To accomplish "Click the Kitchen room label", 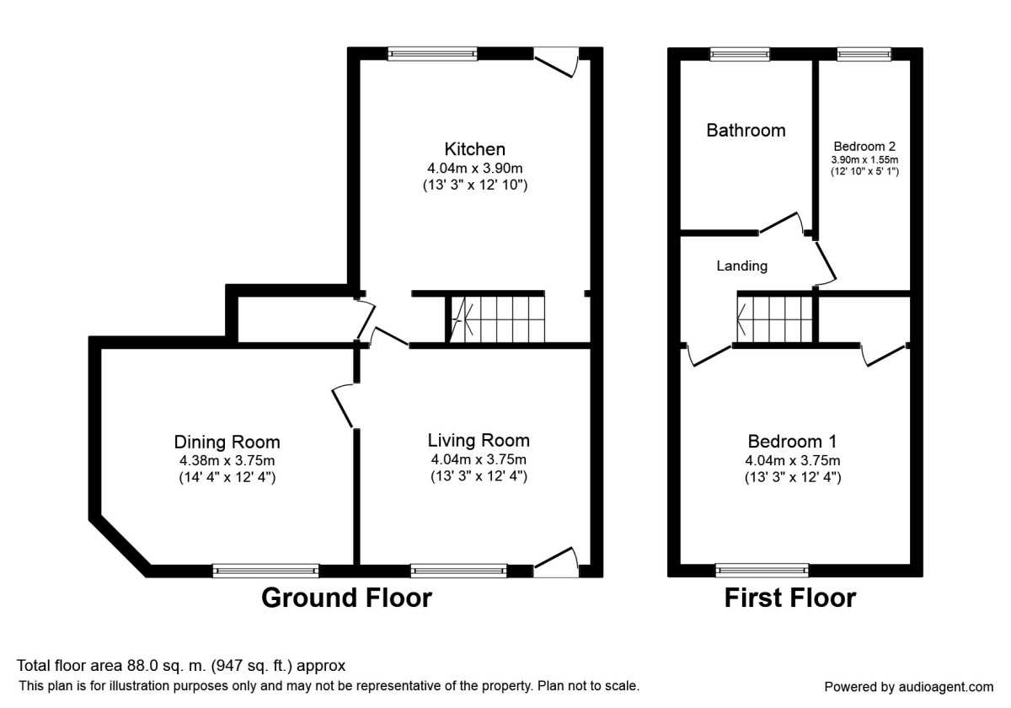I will click(476, 149).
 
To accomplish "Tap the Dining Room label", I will click(227, 442).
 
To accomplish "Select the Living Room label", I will click(479, 440).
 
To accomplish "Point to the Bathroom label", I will click(746, 131).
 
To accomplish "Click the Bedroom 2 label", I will click(864, 145).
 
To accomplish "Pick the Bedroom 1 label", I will click(792, 442).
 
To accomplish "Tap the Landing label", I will click(741, 266).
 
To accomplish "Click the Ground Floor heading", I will click(346, 598).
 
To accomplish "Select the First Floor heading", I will click(790, 598).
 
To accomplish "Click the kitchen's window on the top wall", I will click(432, 54).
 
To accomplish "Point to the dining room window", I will click(265, 571).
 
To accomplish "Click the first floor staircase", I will click(775, 319).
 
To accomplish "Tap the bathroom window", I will click(739, 54).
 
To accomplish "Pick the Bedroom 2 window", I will click(864, 54).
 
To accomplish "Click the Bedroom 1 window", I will click(762, 571).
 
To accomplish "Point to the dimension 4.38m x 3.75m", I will click(227, 460).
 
